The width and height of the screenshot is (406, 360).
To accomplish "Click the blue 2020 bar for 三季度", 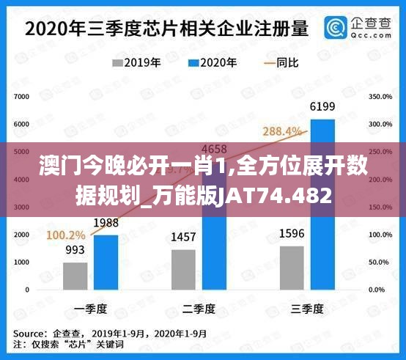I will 322,205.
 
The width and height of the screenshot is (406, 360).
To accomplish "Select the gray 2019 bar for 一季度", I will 75,276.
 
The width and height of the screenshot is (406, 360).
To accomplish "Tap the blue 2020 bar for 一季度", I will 106,262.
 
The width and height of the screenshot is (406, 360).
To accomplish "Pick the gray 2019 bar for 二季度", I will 184,269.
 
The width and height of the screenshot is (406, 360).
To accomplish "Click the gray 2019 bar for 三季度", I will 292,267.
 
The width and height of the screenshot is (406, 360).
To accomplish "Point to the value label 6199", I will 322,108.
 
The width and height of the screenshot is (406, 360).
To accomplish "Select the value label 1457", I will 184,238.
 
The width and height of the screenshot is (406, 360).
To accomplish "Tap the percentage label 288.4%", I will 282,131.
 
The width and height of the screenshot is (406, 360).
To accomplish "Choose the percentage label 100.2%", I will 66,235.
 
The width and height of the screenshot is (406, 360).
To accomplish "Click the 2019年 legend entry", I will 136,63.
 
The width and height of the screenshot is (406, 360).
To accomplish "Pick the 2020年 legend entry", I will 213,63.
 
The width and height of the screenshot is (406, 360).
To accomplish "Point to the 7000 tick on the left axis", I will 21,97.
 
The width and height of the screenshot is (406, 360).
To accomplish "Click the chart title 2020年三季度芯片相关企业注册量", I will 167,29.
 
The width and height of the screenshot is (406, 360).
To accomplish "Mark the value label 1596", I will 292,235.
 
